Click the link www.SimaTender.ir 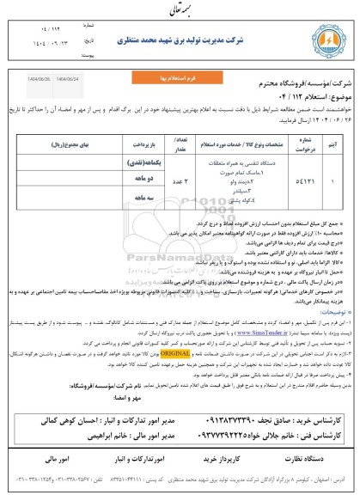221,328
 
